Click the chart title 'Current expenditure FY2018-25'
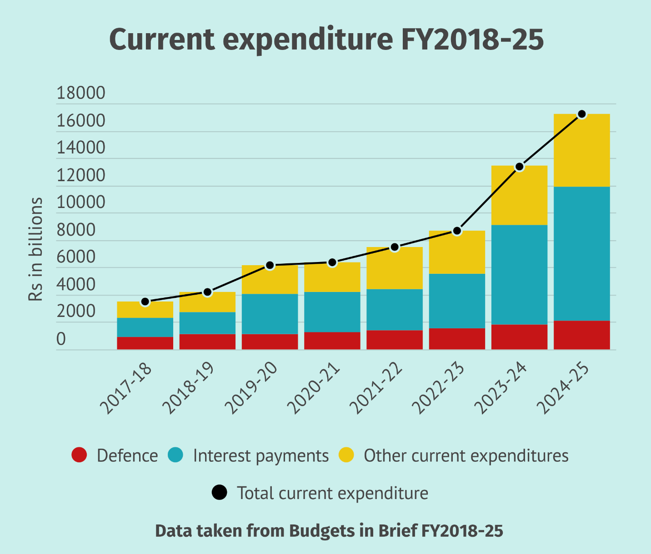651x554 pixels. tap(326, 40)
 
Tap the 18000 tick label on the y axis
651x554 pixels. tap(80, 93)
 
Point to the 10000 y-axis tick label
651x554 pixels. tap(80, 203)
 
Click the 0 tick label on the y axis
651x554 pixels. tap(61, 339)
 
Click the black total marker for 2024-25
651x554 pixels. tap(581, 114)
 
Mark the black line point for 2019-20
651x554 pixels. tap(270, 265)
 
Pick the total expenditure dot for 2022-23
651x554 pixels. tap(457, 231)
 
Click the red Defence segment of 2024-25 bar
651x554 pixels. tap(581, 335)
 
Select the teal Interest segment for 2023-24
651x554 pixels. tap(519, 275)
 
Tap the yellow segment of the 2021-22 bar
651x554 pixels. tap(395, 268)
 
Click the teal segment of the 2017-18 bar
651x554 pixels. tap(145, 327)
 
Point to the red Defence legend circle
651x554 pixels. tap(79, 455)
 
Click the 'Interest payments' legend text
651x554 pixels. tap(260, 455)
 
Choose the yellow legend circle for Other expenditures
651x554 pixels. tap(346, 455)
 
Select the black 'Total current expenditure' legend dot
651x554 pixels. tap(220, 493)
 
